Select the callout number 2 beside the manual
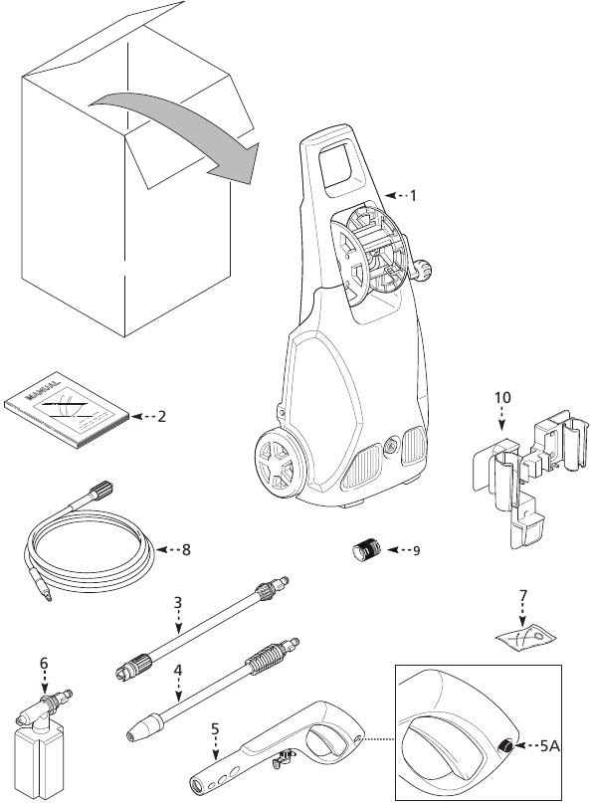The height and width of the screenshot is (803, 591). [x=161, y=416]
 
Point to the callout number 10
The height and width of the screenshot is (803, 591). [x=502, y=397]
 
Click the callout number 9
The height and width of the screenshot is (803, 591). [x=416, y=549]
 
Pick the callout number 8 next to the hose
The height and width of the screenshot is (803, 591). [x=186, y=548]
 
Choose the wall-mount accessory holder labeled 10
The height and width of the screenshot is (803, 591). [x=517, y=473]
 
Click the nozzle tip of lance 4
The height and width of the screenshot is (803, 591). [x=136, y=733]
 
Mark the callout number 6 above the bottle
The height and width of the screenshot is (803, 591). [x=44, y=662]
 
